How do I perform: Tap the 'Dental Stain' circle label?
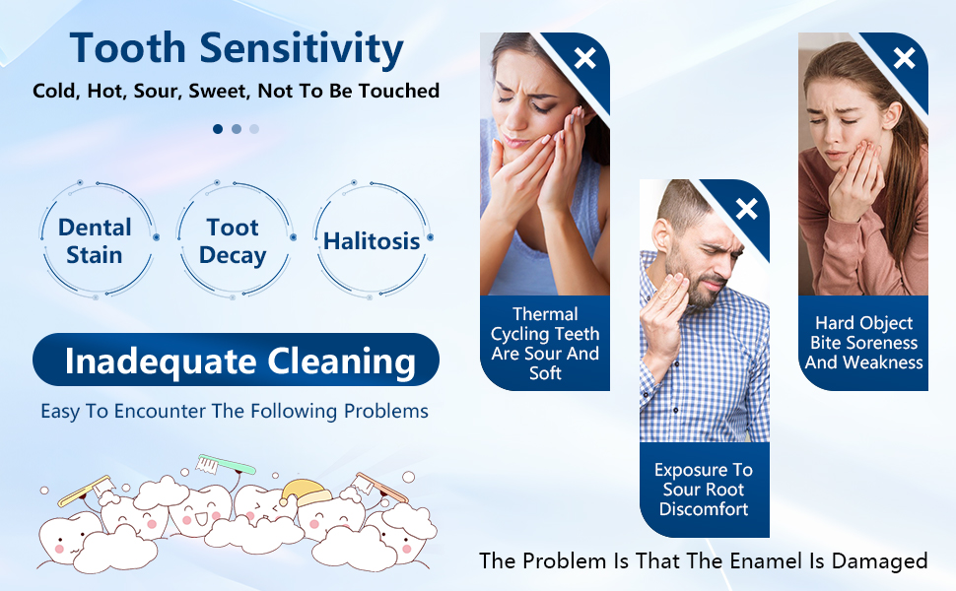(96, 241)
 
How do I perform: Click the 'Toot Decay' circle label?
(233, 241)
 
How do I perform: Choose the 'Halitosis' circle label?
(372, 241)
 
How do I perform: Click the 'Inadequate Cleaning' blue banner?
(236, 361)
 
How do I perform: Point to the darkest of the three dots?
(218, 128)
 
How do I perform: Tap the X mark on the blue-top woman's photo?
(585, 58)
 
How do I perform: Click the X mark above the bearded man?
(746, 208)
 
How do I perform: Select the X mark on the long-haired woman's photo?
(904, 58)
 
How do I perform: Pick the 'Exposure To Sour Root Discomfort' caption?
(704, 490)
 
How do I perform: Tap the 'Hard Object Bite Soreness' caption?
(863, 342)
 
